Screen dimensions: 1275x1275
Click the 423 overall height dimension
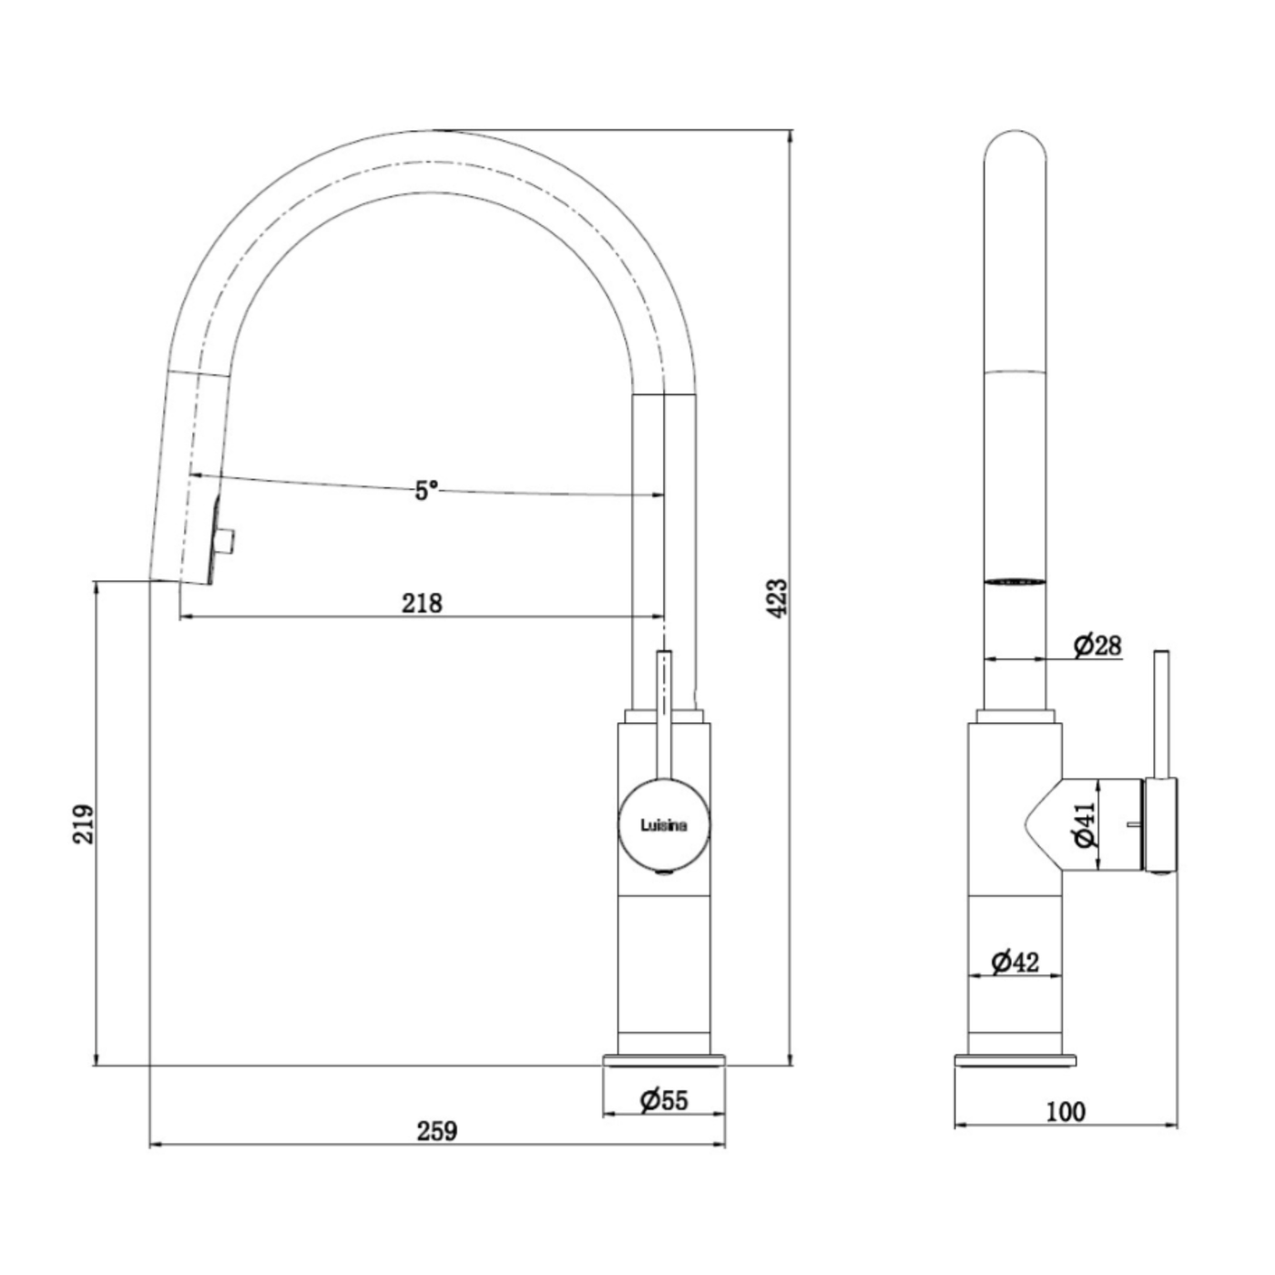tap(780, 598)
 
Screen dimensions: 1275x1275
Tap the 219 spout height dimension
tap(84, 824)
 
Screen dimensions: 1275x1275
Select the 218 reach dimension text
tap(423, 603)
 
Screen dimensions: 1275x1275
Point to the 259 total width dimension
tap(437, 1131)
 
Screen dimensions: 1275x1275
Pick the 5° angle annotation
tap(426, 490)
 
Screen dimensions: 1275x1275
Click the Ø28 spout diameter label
tap(1097, 645)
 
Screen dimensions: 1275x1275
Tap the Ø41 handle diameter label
tap(1086, 824)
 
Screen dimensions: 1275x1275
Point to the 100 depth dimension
tap(1066, 1112)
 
